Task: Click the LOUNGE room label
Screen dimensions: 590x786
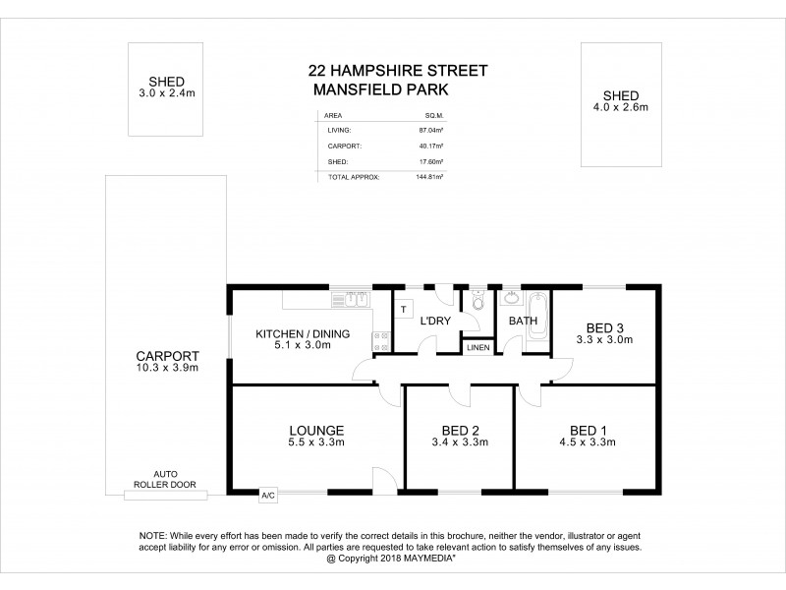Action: coord(316,430)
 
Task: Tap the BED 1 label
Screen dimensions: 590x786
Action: coord(592,430)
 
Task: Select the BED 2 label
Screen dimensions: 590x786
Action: coord(460,430)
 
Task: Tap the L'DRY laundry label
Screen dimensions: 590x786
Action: coord(435,322)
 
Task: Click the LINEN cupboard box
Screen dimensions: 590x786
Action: coord(477,347)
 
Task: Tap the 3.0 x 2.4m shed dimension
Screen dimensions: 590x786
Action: coord(167,93)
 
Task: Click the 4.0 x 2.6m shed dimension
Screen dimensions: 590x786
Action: coord(620,107)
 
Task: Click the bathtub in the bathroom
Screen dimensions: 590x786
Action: coord(536,319)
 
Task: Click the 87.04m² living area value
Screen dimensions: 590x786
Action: coord(431,129)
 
